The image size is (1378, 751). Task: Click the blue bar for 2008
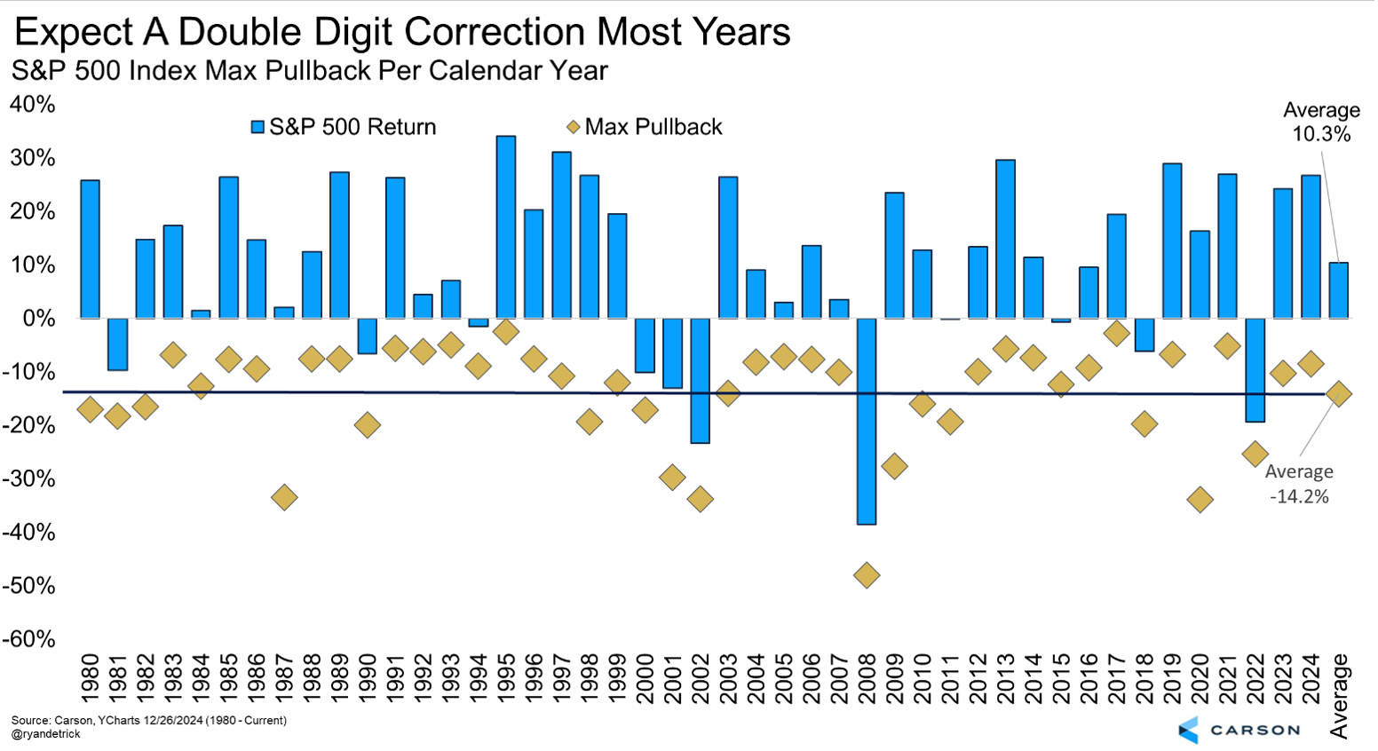[x=867, y=421]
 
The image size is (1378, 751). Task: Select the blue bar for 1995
[x=506, y=227]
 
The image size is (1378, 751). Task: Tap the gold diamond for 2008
[x=867, y=575]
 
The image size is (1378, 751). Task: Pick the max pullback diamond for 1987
[x=284, y=497]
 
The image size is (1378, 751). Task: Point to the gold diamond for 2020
[x=1200, y=500]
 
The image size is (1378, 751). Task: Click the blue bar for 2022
[x=1255, y=369]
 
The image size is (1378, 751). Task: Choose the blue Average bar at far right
[x=1338, y=290]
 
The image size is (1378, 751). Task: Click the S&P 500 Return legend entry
[x=344, y=127]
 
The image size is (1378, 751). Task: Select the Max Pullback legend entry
[x=645, y=127]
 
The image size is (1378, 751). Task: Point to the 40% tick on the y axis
[x=33, y=105]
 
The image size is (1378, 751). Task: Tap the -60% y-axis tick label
[x=29, y=639]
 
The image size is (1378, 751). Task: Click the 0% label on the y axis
[x=38, y=318]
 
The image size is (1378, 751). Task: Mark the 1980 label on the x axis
[x=90, y=679]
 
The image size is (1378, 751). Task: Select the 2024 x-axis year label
[x=1311, y=679]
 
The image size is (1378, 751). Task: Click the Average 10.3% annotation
[x=1321, y=123]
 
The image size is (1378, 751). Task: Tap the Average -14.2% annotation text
[x=1299, y=484]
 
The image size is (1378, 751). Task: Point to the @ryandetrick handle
[x=46, y=734]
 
